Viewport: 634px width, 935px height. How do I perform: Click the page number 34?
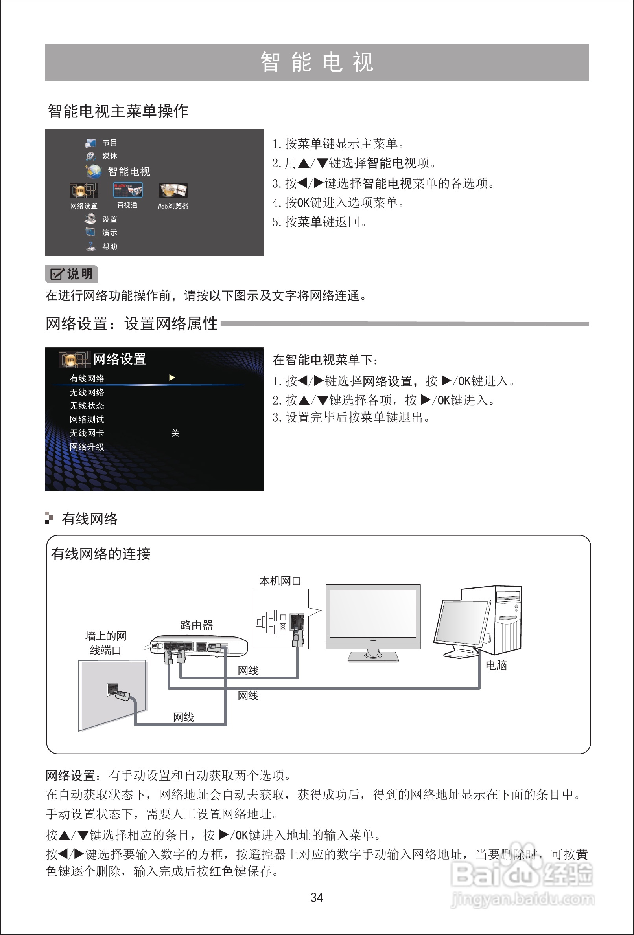[x=317, y=897]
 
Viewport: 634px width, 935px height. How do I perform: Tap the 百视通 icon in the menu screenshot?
[x=128, y=190]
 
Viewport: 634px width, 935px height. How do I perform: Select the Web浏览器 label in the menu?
[x=173, y=206]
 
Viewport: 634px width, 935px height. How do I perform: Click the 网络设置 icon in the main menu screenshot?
[x=84, y=190]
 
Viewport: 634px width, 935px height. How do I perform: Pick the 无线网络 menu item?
[x=87, y=392]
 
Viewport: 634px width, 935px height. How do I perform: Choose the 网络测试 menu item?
[x=87, y=420]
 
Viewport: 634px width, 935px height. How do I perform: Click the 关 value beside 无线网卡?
[x=175, y=433]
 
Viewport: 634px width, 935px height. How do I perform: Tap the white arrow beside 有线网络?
[x=172, y=378]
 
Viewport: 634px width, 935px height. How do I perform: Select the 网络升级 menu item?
[x=87, y=447]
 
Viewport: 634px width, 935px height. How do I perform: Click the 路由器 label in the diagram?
[x=197, y=625]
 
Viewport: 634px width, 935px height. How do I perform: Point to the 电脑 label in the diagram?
[x=496, y=665]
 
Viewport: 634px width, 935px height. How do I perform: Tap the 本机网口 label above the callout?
[x=280, y=581]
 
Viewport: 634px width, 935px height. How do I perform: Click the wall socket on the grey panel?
[x=112, y=689]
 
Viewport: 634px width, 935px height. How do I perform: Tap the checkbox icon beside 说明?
[x=57, y=274]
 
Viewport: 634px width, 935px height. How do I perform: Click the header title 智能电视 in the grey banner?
[x=317, y=62]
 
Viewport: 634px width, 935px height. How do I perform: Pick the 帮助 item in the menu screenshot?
[x=109, y=247]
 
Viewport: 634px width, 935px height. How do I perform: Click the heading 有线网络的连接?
[x=101, y=554]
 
